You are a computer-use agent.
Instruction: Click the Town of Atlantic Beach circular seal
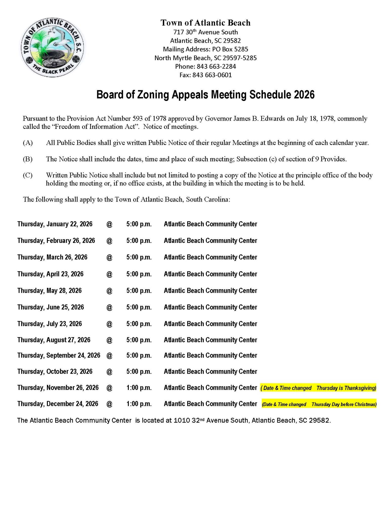tap(52, 48)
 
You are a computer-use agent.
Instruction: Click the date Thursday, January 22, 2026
tap(55, 224)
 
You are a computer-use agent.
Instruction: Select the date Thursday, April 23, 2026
tap(50, 274)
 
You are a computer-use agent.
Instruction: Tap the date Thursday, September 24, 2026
tap(59, 355)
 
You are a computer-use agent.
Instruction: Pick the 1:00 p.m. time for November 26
tap(139, 388)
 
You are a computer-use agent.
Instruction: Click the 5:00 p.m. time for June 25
tap(139, 307)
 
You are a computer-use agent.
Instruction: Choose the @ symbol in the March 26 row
tap(109, 257)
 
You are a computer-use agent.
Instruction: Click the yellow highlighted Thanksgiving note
tap(318, 388)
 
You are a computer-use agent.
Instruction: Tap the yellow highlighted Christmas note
tap(319, 404)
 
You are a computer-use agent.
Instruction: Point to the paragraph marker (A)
tap(28, 143)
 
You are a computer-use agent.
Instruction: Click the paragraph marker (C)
tap(28, 175)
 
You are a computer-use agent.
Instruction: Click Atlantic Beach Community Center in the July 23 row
tap(210, 324)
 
